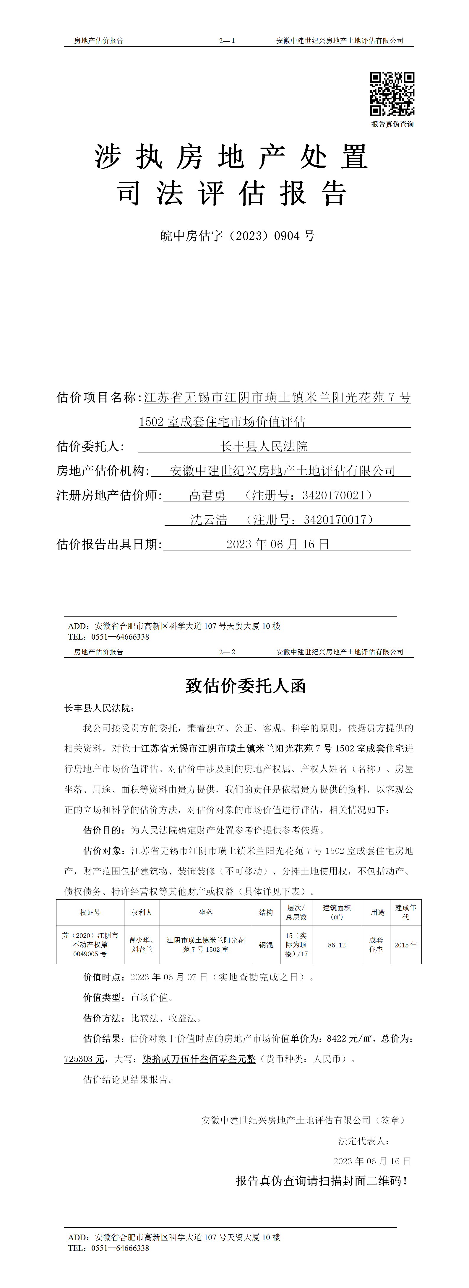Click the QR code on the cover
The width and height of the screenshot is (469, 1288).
[392, 94]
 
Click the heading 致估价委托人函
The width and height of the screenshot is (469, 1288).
[245, 686]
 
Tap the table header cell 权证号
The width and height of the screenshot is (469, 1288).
[90, 913]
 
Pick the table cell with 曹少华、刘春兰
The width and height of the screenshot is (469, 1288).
[142, 944]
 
